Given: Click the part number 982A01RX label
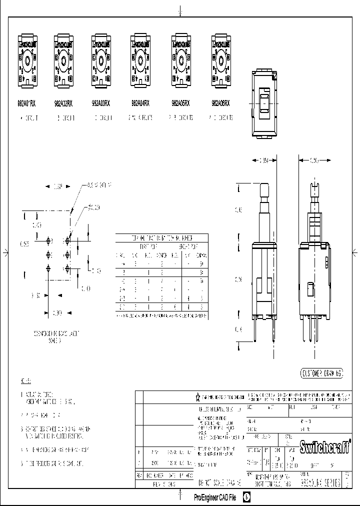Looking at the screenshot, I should click(x=26, y=103).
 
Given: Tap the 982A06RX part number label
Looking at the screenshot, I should click(x=220, y=103).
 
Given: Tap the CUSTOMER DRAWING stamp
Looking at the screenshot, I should click(x=322, y=373).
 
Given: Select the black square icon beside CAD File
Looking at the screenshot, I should click(x=246, y=497).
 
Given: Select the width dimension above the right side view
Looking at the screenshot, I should click(x=314, y=160).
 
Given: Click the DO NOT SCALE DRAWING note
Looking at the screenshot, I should click(x=220, y=483).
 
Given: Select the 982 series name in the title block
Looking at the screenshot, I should click(x=320, y=482).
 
